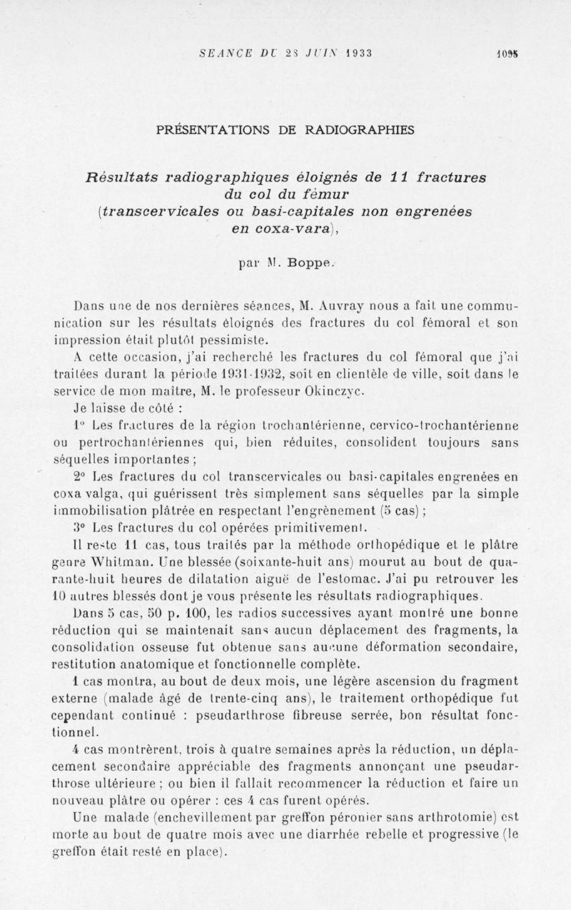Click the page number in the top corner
[x=508, y=54]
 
